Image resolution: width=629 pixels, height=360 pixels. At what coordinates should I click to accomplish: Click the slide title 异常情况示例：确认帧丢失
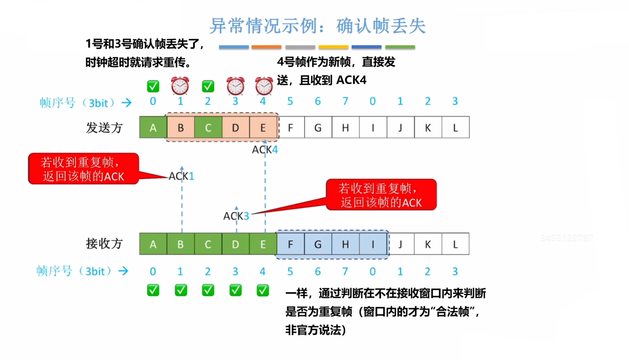tap(317, 26)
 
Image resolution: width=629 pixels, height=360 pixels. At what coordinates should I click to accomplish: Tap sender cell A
tap(153, 127)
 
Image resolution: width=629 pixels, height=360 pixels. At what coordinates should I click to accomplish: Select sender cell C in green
tap(208, 127)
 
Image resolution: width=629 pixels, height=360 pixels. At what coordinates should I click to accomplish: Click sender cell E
tap(263, 127)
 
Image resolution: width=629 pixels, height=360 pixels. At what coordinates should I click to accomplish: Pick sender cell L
tap(455, 127)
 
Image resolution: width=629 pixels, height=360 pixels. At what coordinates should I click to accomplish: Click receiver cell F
tap(290, 244)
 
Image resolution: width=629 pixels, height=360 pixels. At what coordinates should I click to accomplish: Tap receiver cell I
tap(373, 244)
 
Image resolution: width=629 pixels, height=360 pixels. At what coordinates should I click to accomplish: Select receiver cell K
tap(428, 244)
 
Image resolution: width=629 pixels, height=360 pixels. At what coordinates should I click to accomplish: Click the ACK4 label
tap(265, 150)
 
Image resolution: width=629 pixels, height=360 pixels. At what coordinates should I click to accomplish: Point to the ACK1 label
tap(181, 176)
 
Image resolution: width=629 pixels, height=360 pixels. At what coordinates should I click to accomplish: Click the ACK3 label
tap(236, 216)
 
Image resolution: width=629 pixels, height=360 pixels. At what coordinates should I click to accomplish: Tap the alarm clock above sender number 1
tap(180, 86)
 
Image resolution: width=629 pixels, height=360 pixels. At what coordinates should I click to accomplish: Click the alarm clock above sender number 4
tap(264, 86)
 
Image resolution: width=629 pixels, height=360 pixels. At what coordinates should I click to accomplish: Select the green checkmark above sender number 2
tap(208, 86)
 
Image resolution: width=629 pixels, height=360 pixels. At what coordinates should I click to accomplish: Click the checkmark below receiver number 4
tap(262, 290)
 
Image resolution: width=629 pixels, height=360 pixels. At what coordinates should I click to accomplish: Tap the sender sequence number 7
tap(345, 101)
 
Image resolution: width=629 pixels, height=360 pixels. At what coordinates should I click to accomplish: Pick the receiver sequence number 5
tap(290, 271)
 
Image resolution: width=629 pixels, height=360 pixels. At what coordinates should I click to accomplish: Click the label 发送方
tap(104, 128)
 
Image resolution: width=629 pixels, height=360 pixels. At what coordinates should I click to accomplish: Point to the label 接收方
tap(104, 243)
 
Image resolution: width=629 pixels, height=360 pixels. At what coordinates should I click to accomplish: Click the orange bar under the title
tap(266, 47)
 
